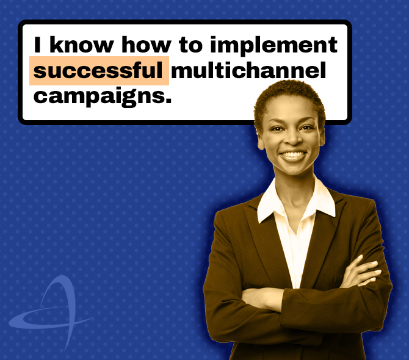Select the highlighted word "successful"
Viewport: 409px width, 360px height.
point(98,71)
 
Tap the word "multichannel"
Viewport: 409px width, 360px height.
point(248,71)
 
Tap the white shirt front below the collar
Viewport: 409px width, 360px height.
point(296,244)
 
